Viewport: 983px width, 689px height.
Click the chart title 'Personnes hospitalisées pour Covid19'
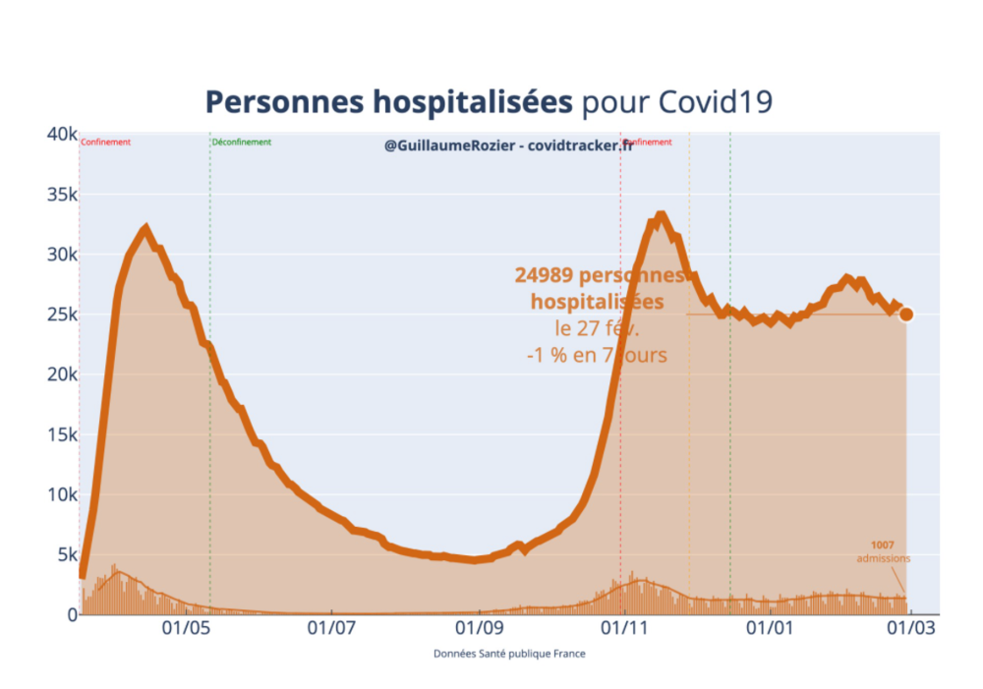coord(489,101)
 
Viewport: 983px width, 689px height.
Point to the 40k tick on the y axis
coord(60,134)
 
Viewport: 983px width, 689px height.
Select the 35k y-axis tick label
coord(60,195)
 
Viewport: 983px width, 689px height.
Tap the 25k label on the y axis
coord(60,315)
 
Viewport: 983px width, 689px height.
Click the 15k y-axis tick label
coord(60,434)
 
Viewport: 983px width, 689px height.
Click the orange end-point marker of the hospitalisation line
coord(906,315)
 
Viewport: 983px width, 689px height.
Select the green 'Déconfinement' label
coord(242,143)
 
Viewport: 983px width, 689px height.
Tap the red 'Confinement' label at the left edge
coord(105,143)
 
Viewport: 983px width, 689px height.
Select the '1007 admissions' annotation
coord(883,551)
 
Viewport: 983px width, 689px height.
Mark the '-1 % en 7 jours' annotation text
coord(597,354)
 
